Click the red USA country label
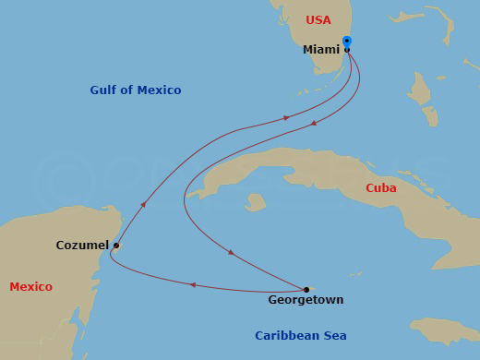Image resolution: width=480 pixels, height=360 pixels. point(318,19)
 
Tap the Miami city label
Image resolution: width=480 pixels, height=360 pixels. point(321,50)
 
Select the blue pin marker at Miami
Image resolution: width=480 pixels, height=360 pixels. point(346,42)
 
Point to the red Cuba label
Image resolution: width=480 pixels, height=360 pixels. point(381,187)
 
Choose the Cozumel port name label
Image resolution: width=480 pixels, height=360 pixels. point(82,246)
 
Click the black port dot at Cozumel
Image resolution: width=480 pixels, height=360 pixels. point(115,246)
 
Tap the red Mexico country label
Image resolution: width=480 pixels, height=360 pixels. point(30,287)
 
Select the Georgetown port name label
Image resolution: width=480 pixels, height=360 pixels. point(306,300)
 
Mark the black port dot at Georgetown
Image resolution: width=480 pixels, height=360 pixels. point(306,289)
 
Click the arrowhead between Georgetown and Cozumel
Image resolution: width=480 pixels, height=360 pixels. point(192,285)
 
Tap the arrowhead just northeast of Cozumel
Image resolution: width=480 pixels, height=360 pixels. point(143,204)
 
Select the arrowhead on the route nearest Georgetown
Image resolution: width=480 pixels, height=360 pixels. point(231,252)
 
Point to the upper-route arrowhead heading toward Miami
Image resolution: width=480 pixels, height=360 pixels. point(286,118)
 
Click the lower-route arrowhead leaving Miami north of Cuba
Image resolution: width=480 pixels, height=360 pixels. point(314,123)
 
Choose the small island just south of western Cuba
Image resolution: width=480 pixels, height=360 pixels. point(255,201)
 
